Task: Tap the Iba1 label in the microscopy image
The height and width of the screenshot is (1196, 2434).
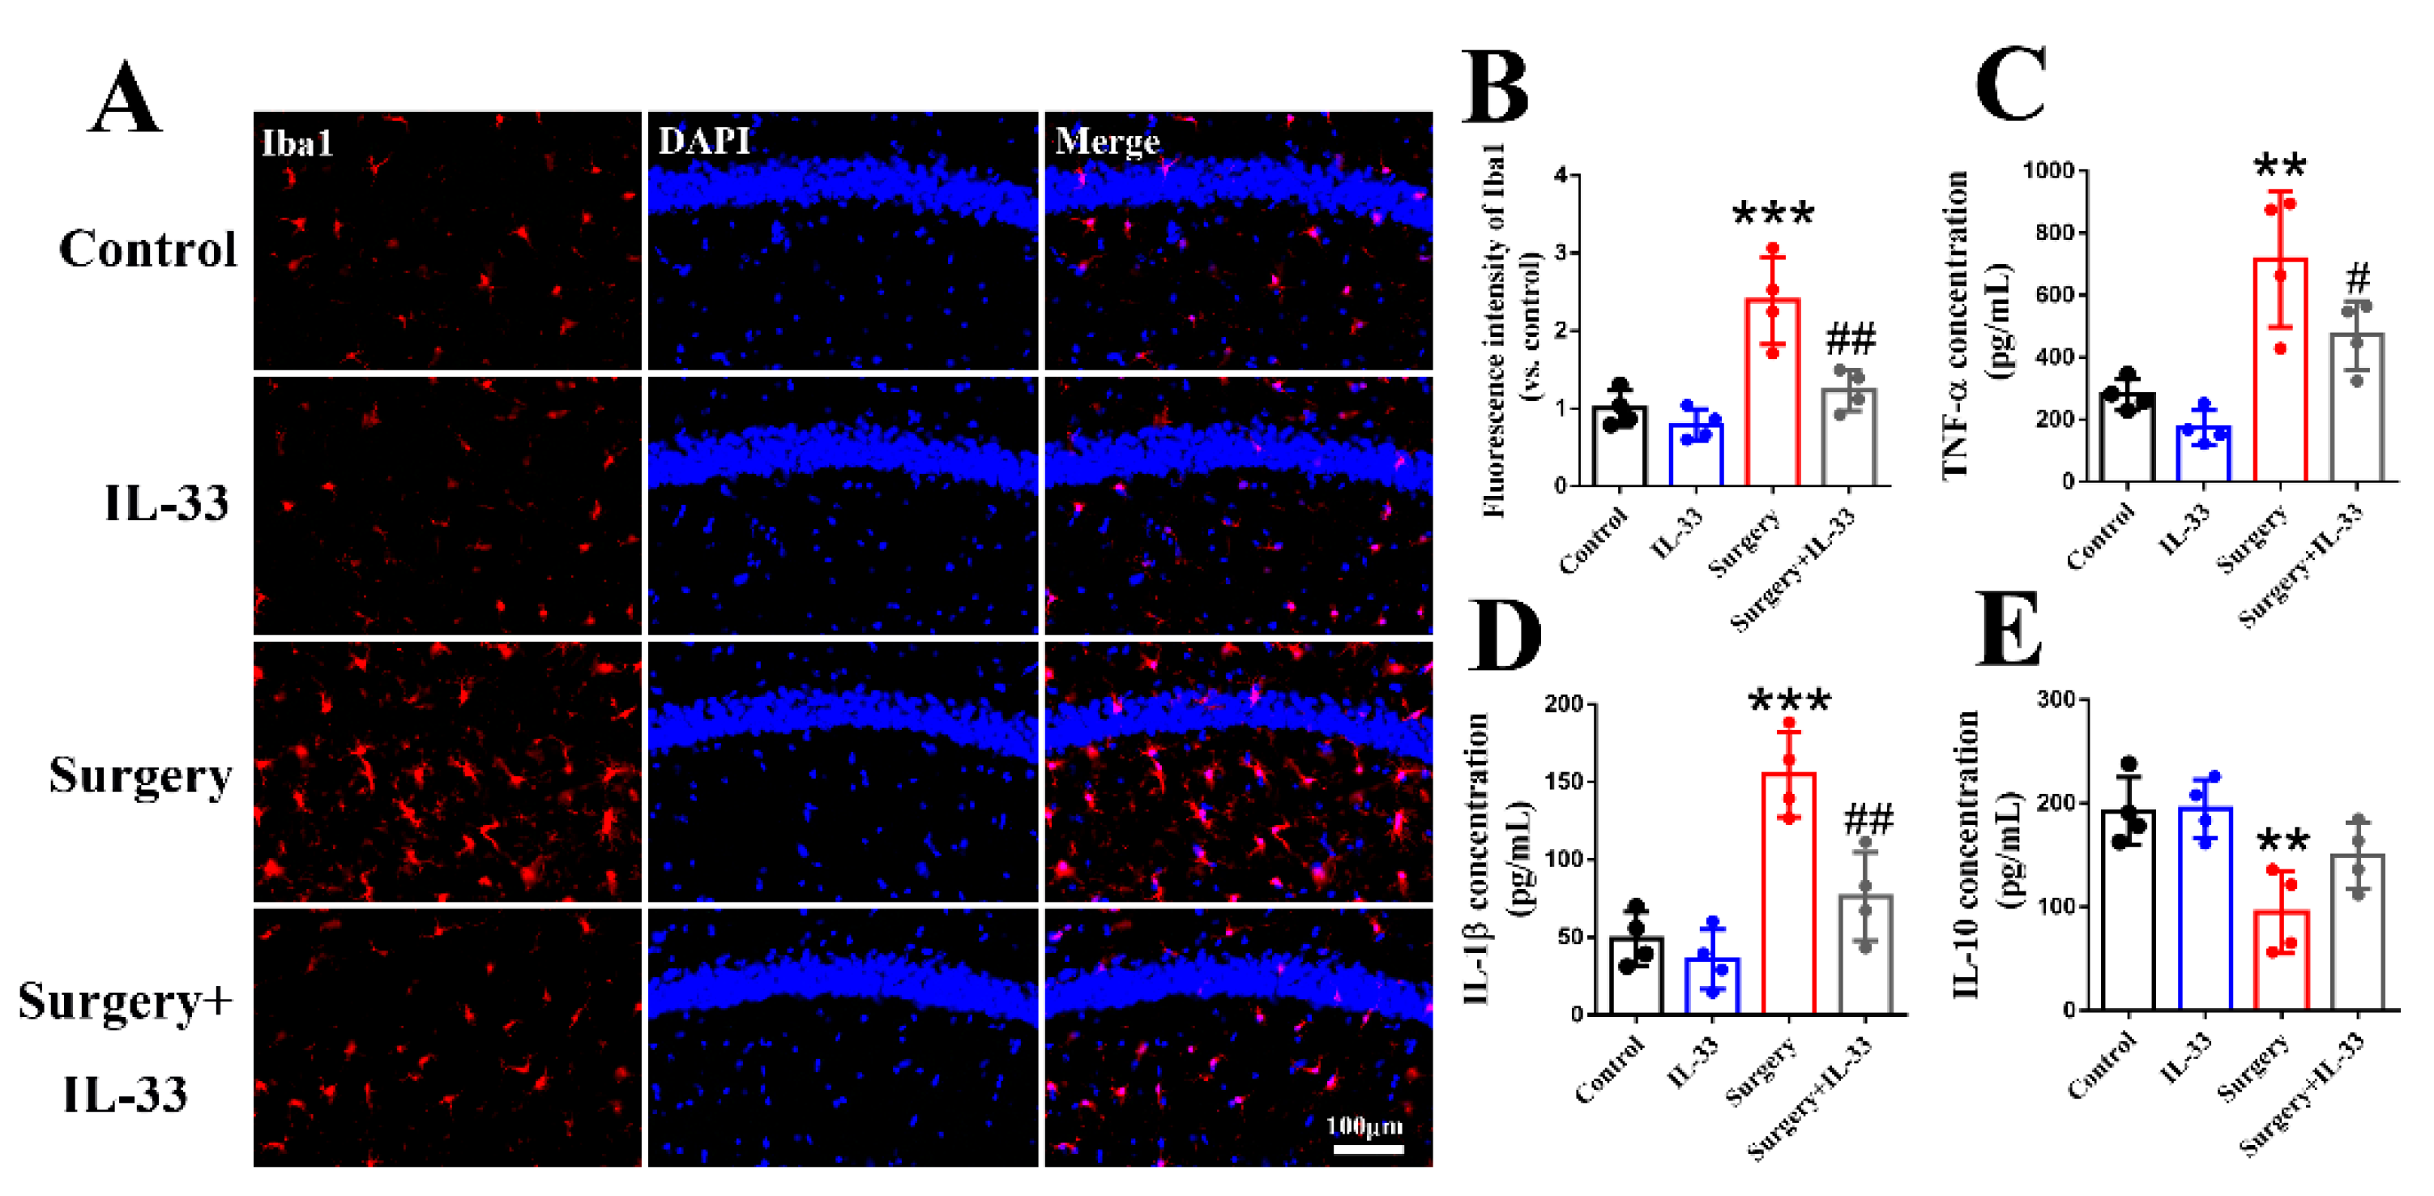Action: (297, 143)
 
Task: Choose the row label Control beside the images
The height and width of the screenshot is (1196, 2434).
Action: (147, 250)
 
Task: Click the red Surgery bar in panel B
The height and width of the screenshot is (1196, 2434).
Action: (1772, 392)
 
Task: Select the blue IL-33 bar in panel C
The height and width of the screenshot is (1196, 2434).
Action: (2203, 454)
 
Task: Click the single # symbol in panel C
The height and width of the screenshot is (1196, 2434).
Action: (2359, 278)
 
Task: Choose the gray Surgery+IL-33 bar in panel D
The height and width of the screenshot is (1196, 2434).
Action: (1865, 955)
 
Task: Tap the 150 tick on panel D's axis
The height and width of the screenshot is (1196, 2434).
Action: (1564, 781)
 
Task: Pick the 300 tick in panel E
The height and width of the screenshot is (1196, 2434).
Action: (2056, 699)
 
